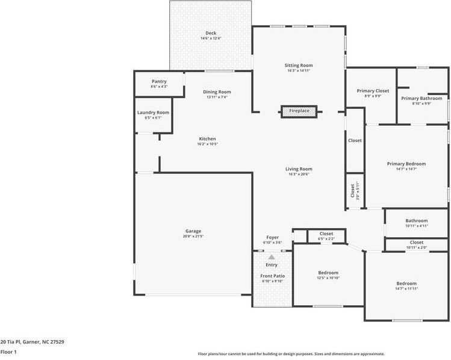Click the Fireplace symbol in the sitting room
pos(299,111)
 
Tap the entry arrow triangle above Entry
pos(272,257)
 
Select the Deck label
pos(211,33)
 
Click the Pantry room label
pos(159,81)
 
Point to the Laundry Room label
pos(153,113)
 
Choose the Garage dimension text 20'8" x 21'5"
pos(193,236)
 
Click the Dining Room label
pos(217,92)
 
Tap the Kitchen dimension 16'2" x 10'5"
pos(207,144)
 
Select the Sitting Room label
pos(299,65)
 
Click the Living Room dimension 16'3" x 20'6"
pos(299,174)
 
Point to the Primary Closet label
pos(373,91)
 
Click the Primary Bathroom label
pos(421,98)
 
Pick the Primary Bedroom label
pos(406,164)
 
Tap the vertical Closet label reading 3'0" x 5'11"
pos(355,190)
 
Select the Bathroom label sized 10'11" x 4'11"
pos(416,221)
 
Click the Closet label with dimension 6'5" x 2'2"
pos(326,234)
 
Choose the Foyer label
pos(273,237)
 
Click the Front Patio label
pos(273,276)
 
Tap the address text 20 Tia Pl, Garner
pos(32,341)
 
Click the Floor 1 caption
pos(8,352)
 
